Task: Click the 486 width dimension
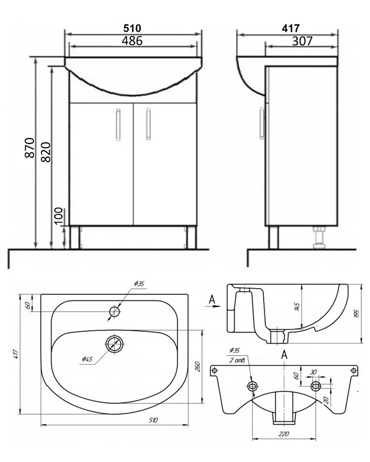coord(132,41)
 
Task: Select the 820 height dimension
coord(46,152)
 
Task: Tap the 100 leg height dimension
coord(59,216)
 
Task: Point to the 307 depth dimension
coord(302,41)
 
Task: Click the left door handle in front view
coord(118,124)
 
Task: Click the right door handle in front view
coord(148,124)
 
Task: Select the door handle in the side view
coord(262,123)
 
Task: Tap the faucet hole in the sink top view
coord(115,311)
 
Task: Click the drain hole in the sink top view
coord(115,344)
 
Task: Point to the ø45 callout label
coord(87,359)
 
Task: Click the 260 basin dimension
coord(197,366)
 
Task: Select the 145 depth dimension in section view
coord(297,306)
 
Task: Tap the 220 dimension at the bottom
coord(284,434)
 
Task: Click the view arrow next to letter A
coord(213,306)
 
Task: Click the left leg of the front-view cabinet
coord(75,237)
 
